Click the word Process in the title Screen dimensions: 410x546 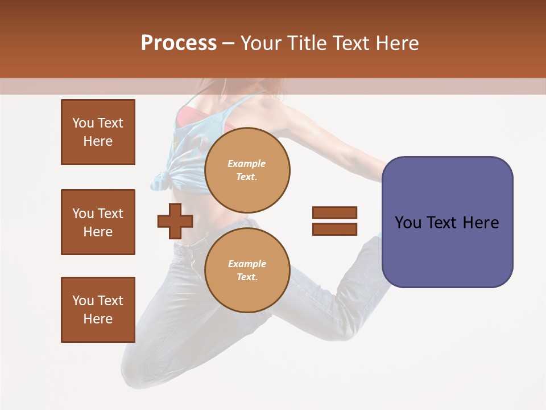(x=179, y=43)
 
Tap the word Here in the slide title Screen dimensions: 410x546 (x=396, y=43)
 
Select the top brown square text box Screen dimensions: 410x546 (x=98, y=132)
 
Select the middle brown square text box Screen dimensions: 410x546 (x=98, y=222)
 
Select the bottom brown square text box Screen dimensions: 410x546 (x=98, y=310)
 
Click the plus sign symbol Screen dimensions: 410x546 (x=175, y=222)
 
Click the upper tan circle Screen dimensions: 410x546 (x=247, y=170)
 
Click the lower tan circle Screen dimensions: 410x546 (x=247, y=270)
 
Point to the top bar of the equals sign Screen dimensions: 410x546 (x=334, y=212)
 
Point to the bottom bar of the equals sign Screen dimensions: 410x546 (x=334, y=229)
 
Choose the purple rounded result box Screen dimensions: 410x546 (x=447, y=222)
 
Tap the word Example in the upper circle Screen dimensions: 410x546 (x=246, y=163)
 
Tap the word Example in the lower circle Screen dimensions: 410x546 (x=247, y=264)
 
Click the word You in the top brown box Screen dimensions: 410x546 (x=82, y=123)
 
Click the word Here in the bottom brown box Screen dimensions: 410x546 (x=98, y=319)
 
